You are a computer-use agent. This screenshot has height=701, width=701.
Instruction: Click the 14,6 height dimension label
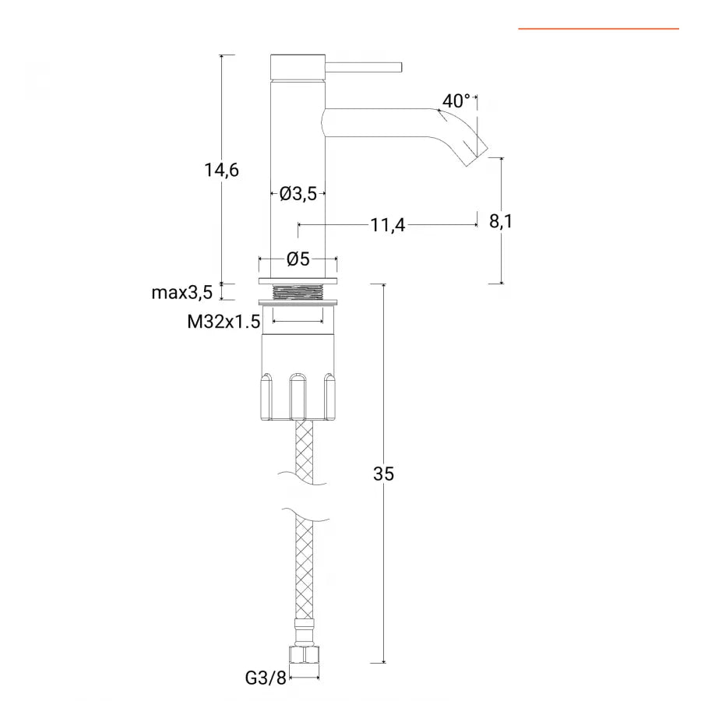(221, 170)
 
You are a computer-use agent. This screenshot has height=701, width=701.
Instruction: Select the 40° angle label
(456, 101)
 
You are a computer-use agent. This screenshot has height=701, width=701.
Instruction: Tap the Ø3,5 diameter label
(298, 194)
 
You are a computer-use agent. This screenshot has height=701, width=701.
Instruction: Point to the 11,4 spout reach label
(388, 225)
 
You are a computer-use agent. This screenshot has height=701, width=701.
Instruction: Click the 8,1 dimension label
(501, 221)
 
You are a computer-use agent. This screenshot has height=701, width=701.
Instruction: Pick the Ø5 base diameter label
(298, 259)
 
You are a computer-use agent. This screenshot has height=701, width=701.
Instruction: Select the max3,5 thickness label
(182, 293)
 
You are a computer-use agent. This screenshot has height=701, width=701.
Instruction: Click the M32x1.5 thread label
(224, 322)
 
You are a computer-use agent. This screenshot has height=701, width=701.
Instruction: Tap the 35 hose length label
(383, 474)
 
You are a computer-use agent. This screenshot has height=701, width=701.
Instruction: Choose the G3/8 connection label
(266, 678)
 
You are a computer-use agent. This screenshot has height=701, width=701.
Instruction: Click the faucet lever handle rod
(364, 67)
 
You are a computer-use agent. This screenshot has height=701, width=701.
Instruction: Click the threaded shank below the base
(298, 293)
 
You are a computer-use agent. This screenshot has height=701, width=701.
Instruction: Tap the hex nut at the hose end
(305, 654)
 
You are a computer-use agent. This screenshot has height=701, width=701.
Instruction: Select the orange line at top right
(599, 29)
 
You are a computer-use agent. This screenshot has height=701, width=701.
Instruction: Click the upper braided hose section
(305, 452)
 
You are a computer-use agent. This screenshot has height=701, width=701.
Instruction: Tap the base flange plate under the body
(298, 280)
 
